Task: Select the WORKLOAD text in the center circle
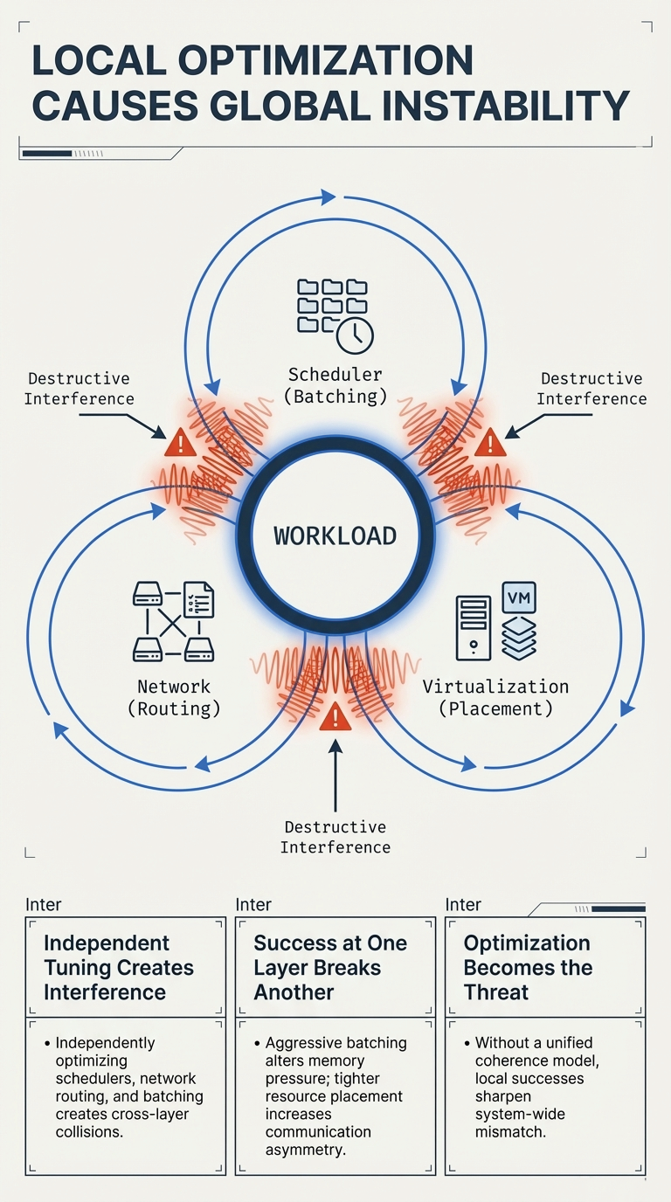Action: (335, 535)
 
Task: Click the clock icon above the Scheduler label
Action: (355, 335)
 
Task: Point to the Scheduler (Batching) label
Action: (335, 385)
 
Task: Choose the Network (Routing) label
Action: (174, 698)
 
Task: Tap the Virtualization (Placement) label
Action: (495, 698)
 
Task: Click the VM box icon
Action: (520, 598)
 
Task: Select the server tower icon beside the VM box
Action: (474, 627)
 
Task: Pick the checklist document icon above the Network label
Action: (197, 600)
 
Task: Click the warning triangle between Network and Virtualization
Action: (335, 719)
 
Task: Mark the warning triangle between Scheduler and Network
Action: (180, 444)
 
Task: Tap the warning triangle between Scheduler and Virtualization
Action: (490, 444)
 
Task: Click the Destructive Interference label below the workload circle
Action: (335, 837)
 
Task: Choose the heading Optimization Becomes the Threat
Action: (528, 967)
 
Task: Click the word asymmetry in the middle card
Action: (306, 1150)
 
